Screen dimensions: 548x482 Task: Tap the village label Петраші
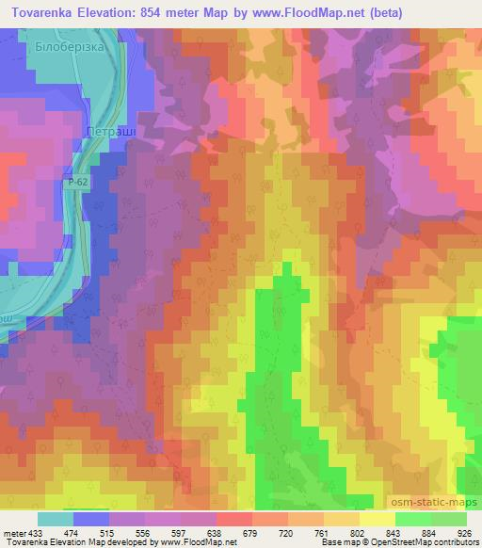coord(110,134)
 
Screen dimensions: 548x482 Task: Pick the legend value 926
coord(464,532)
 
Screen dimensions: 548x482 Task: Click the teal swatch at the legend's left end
coord(56,519)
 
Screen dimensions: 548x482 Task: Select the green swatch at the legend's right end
coord(447,519)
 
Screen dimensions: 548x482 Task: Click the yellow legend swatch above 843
coord(377,519)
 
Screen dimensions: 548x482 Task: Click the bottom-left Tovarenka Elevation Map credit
coord(56,542)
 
